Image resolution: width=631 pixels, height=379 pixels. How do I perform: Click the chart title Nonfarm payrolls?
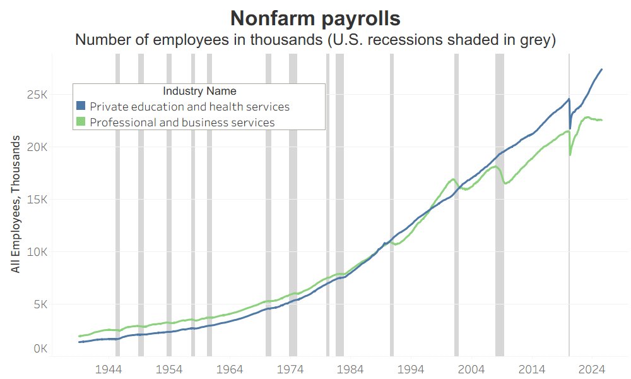click(315, 18)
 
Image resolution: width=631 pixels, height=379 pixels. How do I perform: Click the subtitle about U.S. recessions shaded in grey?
click(315, 40)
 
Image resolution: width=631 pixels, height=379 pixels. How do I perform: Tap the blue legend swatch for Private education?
click(80, 106)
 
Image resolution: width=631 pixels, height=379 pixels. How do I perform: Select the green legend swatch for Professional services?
click(80, 122)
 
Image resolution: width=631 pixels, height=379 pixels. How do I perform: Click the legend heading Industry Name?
click(199, 91)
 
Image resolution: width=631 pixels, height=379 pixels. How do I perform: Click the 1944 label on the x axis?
click(109, 369)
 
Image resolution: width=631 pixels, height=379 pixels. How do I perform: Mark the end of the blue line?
click(601, 69)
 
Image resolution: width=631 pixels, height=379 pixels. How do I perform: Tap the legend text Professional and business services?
click(182, 123)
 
